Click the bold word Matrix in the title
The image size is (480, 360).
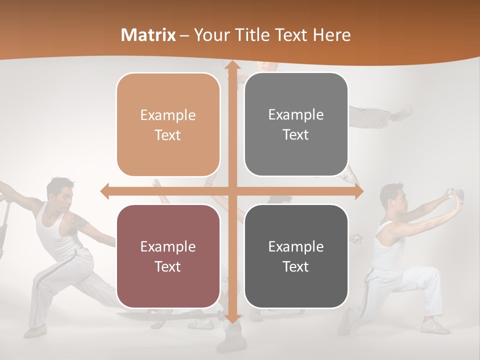pyautogui.click(x=148, y=35)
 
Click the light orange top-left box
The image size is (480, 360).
pyautogui.click(x=168, y=124)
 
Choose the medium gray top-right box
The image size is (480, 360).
pyautogui.click(x=296, y=124)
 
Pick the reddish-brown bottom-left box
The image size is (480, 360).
pyautogui.click(x=168, y=256)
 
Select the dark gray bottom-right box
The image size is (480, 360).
pyautogui.click(x=296, y=256)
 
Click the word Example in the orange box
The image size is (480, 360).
pyautogui.click(x=168, y=115)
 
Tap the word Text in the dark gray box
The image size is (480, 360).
pyautogui.click(x=296, y=267)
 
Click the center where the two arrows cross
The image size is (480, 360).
pyautogui.click(x=232, y=190)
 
